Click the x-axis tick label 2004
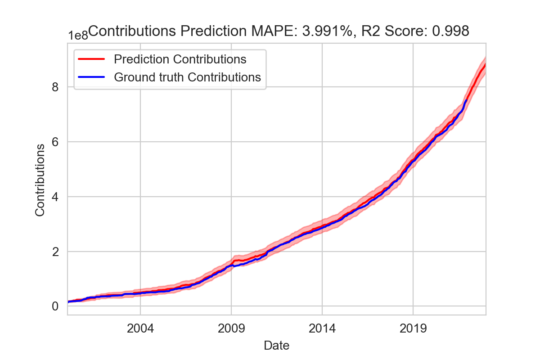click(x=140, y=328)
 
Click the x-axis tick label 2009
click(x=231, y=328)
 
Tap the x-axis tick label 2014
click(x=322, y=328)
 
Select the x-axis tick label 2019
click(x=413, y=328)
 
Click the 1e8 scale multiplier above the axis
click(x=77, y=36)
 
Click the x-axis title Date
click(x=276, y=346)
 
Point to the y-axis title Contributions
click(x=40, y=180)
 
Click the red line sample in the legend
click(x=92, y=59)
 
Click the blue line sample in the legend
click(x=92, y=77)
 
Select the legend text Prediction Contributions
click(x=180, y=59)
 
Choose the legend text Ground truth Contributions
click(x=187, y=77)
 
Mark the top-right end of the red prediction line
click(x=486, y=64)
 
